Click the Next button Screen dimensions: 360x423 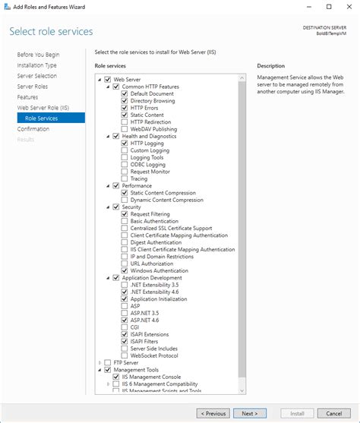[x=249, y=413]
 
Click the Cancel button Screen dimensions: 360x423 [x=333, y=413]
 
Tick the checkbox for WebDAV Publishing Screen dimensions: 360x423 [x=124, y=128]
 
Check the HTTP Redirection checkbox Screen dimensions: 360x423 [x=124, y=122]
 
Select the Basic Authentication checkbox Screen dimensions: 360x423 [x=124, y=221]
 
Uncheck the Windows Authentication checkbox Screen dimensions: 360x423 [x=124, y=270]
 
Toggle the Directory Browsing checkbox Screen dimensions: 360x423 [x=124, y=100]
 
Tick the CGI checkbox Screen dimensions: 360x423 [x=124, y=327]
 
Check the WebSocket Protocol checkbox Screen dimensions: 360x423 [x=124, y=355]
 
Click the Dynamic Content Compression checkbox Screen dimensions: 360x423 [x=124, y=200]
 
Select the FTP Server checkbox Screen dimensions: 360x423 [x=107, y=363]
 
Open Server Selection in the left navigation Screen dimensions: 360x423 [x=36, y=76]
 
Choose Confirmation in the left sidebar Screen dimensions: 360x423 [x=33, y=129]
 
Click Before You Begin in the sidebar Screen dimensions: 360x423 [x=38, y=55]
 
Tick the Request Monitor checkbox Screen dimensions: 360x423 [x=124, y=171]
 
